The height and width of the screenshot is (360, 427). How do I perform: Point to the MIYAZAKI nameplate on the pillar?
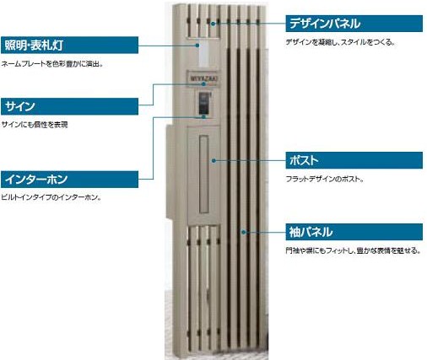point(203,78)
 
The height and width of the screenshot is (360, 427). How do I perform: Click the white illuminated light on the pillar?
point(203,54)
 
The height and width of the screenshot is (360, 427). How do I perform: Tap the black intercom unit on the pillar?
point(204,103)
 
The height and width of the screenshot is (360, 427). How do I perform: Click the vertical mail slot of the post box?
point(204,175)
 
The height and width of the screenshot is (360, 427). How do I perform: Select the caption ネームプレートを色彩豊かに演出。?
point(52,64)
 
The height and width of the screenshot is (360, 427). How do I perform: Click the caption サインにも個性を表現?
point(35,125)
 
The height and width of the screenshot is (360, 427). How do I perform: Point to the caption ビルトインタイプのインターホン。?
point(51,197)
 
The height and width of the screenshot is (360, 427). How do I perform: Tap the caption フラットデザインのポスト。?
point(325,179)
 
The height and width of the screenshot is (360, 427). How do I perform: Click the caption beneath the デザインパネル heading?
point(340,42)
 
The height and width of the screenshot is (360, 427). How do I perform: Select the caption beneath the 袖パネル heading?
point(353,250)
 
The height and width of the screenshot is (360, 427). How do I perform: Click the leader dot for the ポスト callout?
point(213,160)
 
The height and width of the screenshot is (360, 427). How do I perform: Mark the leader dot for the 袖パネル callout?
point(244,232)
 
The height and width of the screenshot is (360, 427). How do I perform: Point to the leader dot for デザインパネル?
point(213,24)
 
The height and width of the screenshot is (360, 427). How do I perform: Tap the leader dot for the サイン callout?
point(203,83)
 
